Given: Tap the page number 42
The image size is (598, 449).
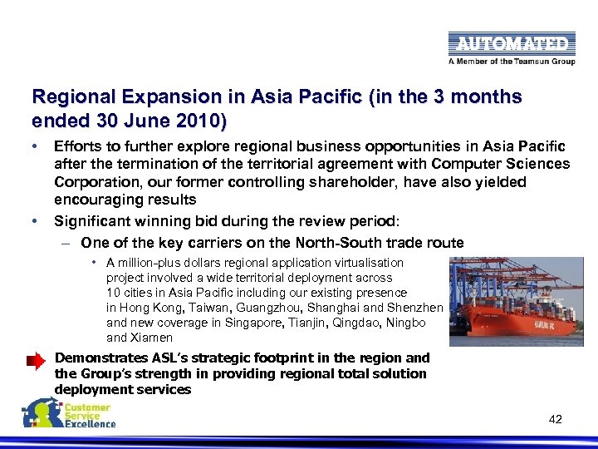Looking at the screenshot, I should coord(556,419).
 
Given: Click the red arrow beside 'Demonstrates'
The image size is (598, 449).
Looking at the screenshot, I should coord(36,361).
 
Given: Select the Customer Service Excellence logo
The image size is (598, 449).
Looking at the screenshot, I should coord(70,413).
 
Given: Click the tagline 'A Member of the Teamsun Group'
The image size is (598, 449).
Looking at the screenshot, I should coord(512,61).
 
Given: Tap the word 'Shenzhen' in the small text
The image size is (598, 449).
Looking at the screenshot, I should coord(417,308).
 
